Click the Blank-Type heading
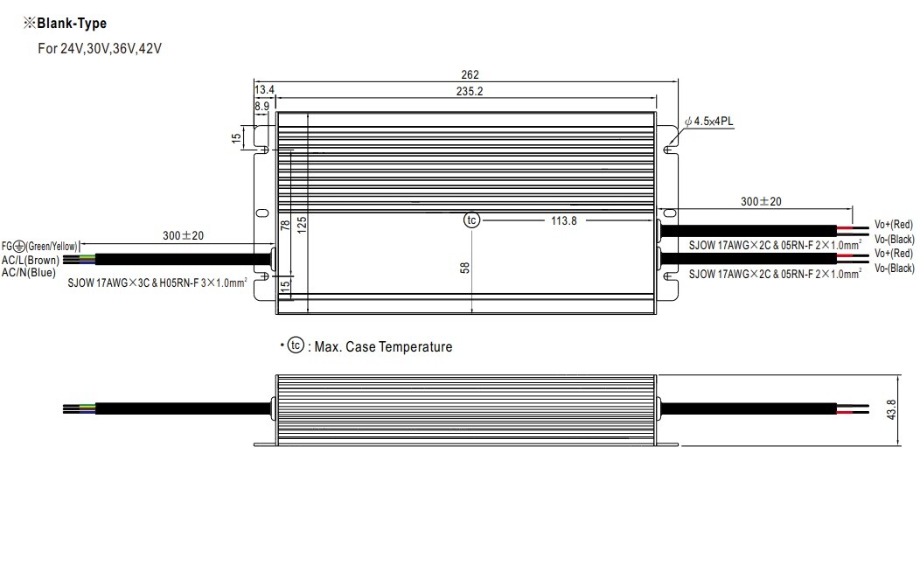point(65,24)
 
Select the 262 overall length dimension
point(470,74)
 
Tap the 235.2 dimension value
point(470,91)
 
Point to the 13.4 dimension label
point(265,89)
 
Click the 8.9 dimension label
point(261,106)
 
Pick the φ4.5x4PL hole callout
point(708,122)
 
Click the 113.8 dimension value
point(564,220)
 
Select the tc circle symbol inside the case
point(471,220)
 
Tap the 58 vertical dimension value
point(464,268)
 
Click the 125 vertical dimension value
point(302,225)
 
